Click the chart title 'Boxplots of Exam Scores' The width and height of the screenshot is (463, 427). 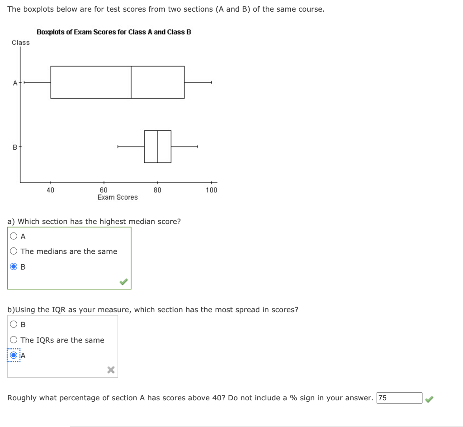(113, 32)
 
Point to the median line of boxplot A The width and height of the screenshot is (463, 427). (131, 82)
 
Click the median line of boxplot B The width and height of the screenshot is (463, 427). (158, 147)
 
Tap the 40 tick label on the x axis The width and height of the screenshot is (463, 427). (50, 190)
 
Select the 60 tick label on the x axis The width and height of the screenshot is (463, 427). (104, 190)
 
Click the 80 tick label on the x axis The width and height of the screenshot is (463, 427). (157, 190)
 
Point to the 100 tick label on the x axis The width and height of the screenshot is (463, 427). (211, 190)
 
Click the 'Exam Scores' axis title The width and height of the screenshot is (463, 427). (118, 197)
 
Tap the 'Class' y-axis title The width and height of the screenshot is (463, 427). (21, 43)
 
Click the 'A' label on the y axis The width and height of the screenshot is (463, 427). (15, 83)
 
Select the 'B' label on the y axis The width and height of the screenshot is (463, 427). (15, 147)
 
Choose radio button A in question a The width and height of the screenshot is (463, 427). (14, 236)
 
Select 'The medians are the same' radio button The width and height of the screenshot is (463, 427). (14, 251)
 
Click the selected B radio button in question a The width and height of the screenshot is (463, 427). (14, 267)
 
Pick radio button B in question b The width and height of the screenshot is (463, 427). (14, 324)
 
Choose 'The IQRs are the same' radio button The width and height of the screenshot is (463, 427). (14, 340)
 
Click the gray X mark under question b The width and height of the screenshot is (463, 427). (111, 370)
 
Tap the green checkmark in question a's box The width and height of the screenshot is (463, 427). (123, 282)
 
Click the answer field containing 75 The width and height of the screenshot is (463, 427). (399, 398)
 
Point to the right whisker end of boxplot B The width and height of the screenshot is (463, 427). (198, 147)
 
